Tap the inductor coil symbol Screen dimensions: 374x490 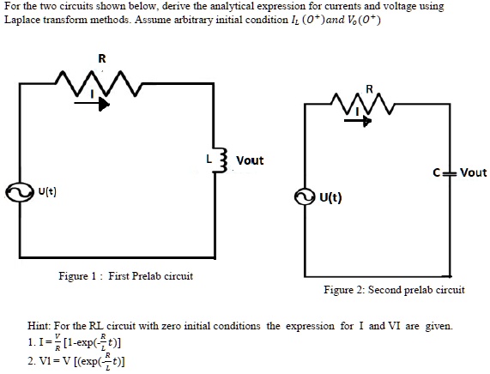pyautogui.click(x=225, y=160)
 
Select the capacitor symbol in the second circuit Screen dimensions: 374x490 pyautogui.click(x=448, y=172)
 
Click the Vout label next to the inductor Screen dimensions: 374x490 pyautogui.click(x=250, y=160)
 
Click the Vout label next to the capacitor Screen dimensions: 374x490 pyautogui.click(x=473, y=172)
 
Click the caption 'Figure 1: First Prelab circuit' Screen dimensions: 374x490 pyautogui.click(x=125, y=275)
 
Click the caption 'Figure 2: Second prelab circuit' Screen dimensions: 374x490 pyautogui.click(x=394, y=290)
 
